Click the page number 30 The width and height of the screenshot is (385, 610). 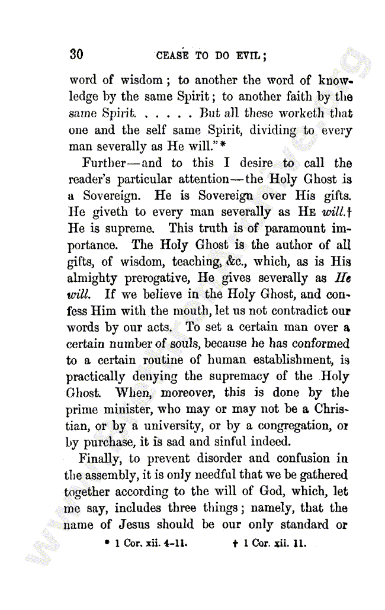click(76, 54)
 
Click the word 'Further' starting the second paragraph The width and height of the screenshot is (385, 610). click(102, 163)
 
